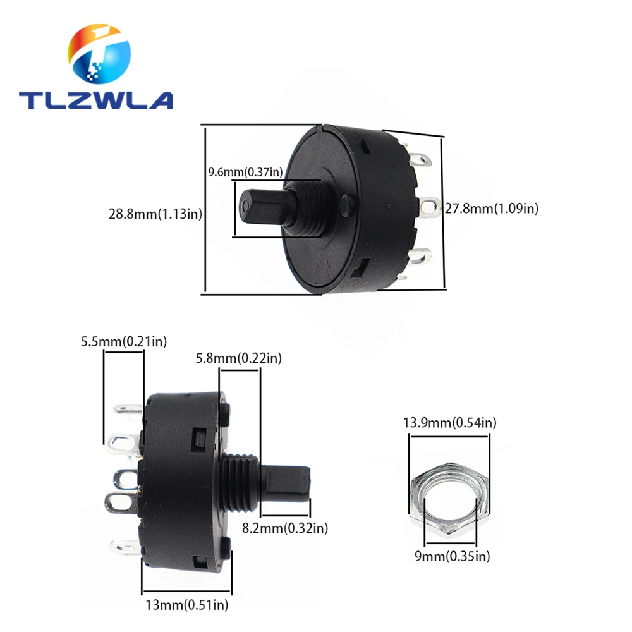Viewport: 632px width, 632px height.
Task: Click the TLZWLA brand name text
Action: (96, 100)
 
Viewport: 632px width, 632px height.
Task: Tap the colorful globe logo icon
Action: (99, 54)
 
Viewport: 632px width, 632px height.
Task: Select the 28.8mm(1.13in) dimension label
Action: (155, 214)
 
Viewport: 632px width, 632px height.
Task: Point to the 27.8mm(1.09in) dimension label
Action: (492, 209)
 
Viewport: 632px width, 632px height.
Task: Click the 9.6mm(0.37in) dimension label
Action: (245, 172)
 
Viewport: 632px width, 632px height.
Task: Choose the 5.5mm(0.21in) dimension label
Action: (124, 341)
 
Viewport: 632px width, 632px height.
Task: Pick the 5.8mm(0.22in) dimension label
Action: (239, 358)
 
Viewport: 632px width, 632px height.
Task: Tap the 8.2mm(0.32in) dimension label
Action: (285, 528)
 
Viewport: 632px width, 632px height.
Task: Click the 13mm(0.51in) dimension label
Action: (186, 605)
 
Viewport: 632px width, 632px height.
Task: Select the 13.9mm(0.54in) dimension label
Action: (450, 422)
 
